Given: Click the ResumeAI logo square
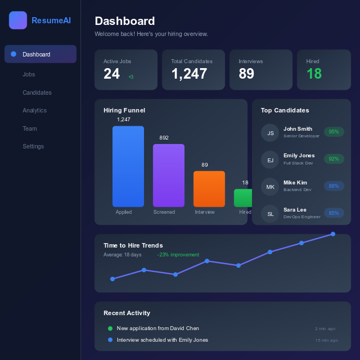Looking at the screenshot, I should pos(18,20).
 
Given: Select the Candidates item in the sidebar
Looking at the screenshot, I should pos(37,92).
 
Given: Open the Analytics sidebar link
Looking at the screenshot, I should pos(34,110).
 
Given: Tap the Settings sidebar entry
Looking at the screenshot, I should pos(33,146).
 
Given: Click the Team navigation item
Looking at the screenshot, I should pos(30,128).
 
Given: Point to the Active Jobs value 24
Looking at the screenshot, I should pos(111,74).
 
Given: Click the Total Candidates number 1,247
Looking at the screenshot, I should pos(189,74).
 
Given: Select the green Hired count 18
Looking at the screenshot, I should pos(314,74).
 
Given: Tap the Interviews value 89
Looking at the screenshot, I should pos(246,74).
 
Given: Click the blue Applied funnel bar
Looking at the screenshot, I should pos(128,166).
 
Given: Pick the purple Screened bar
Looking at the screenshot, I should pos(168,175).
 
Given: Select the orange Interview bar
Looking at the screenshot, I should pos(209,189).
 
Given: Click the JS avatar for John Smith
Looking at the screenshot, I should pos(270,133).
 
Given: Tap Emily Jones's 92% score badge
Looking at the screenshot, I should pos(334,159).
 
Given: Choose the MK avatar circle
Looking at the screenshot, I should pos(270,187).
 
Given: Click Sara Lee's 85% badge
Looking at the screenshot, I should pos(334,213).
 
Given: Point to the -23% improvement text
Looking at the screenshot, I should pos(178,255).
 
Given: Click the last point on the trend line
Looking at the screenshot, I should pos(333,234).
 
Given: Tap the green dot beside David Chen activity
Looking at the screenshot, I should pos(110,328).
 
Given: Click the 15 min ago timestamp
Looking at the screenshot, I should pos(326,340).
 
